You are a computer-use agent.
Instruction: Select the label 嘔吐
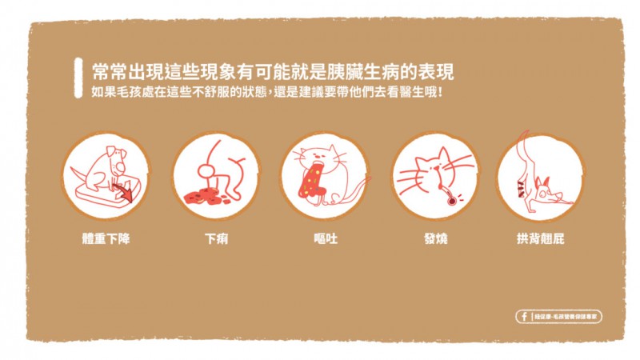(x=326, y=238)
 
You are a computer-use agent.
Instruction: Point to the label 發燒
(x=436, y=238)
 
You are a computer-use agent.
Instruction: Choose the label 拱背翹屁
(x=541, y=238)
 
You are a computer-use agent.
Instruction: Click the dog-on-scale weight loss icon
(x=106, y=176)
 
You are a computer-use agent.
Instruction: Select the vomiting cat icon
(x=326, y=176)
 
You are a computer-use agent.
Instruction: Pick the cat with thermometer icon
(x=436, y=176)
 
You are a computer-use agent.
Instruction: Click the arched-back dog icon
(x=540, y=176)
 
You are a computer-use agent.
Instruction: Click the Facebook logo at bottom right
(x=524, y=317)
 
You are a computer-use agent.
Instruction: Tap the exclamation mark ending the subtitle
(x=441, y=91)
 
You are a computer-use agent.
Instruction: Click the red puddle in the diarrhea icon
(x=203, y=195)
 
